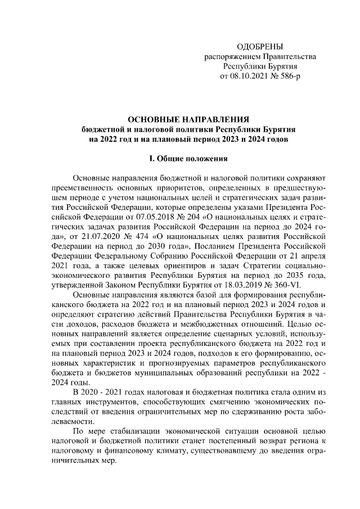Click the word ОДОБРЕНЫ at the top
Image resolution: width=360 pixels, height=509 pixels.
[260, 46]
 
